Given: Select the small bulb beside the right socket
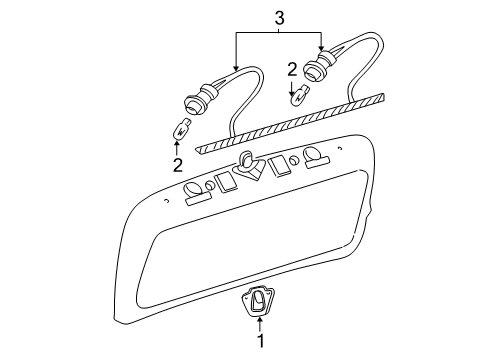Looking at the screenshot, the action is coord(296,98).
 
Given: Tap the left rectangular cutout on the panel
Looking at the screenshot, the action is coord(226,181).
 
